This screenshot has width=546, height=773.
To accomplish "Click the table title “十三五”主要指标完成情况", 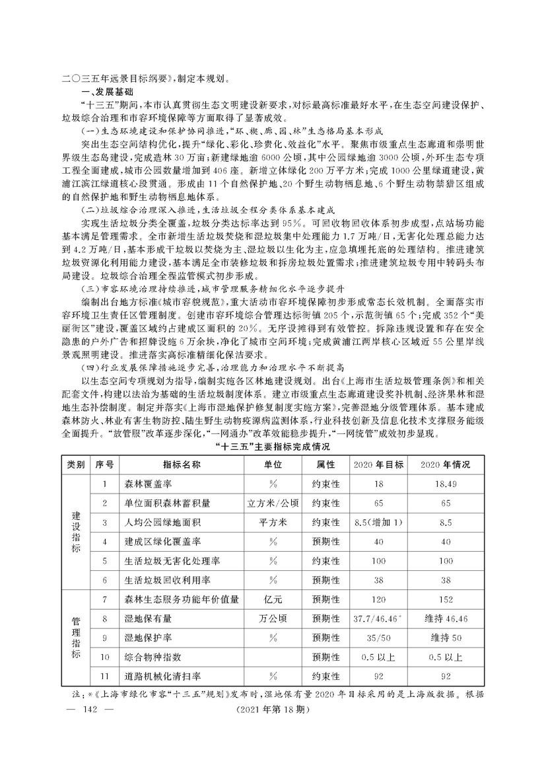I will (x=273, y=447).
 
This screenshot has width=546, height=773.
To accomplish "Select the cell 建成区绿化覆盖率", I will (x=158, y=542).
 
